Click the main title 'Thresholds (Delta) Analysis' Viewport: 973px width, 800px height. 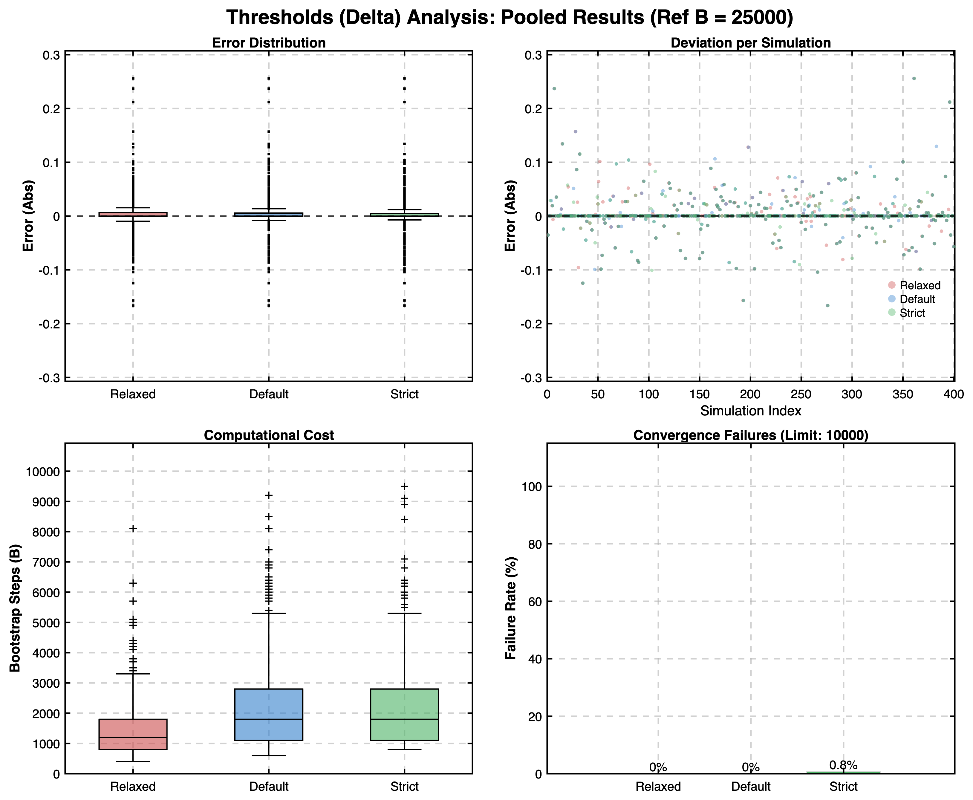point(509,18)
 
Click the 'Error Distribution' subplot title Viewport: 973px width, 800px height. point(269,43)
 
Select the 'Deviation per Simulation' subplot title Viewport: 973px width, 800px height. point(750,43)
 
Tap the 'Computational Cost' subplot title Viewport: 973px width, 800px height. point(269,435)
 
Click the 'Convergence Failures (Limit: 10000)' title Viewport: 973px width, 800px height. point(750,435)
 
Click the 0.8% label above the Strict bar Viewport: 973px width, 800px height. point(843,765)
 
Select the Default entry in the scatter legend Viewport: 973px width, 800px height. point(917,299)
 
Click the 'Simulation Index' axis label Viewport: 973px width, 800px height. point(750,411)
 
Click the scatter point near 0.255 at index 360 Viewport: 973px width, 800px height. point(914,78)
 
